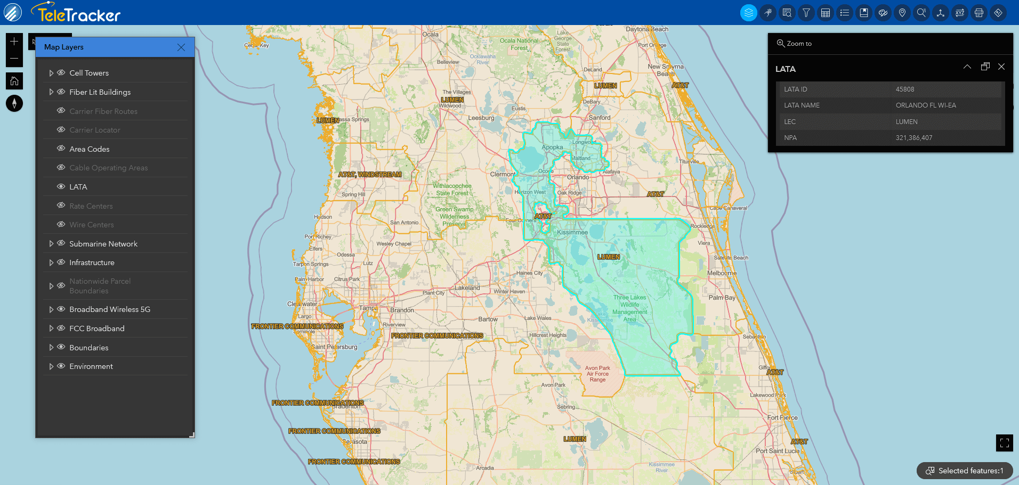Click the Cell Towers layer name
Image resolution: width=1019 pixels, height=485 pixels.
(x=89, y=73)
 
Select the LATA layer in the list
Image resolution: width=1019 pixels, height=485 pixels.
(x=78, y=187)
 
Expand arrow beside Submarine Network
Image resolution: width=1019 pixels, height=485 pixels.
(x=51, y=244)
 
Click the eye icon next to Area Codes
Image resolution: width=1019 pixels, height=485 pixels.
(x=61, y=149)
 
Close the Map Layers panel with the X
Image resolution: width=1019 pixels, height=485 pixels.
(x=181, y=47)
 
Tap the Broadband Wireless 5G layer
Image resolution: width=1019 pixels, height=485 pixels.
(x=110, y=309)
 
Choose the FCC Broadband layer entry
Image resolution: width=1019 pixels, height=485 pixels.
(x=97, y=328)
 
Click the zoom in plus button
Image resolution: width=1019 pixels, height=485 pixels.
(x=14, y=42)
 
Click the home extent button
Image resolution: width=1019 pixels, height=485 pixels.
(x=14, y=81)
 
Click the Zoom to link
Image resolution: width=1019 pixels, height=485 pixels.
(x=794, y=44)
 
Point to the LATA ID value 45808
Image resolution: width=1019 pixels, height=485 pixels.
(x=905, y=89)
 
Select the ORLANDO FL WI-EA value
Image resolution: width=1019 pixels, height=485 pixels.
(x=926, y=105)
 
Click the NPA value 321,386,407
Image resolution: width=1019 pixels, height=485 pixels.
(x=914, y=138)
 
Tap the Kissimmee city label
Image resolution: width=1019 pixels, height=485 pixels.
(x=572, y=233)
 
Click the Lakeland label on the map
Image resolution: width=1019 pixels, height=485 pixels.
(x=467, y=288)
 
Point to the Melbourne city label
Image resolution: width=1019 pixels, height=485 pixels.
(x=722, y=273)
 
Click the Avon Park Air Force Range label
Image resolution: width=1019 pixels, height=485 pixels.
(x=597, y=374)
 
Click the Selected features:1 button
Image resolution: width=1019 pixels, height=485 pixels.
(x=965, y=471)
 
